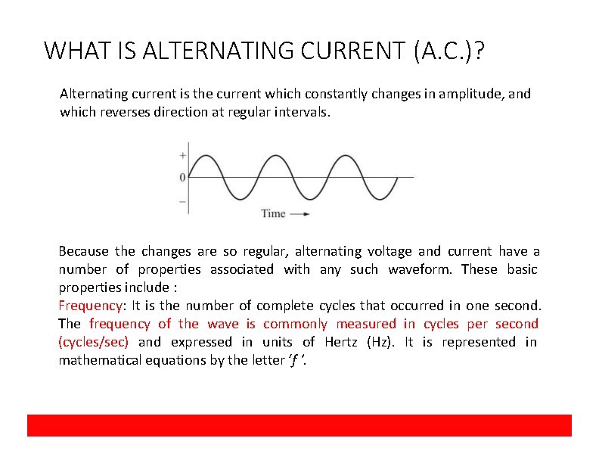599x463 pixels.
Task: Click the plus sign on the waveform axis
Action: pos(182,155)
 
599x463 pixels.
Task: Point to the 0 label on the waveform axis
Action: pos(182,178)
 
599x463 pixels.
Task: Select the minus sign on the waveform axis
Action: pos(182,201)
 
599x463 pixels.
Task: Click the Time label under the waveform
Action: pos(273,213)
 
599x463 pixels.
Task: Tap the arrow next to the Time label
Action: pos(300,214)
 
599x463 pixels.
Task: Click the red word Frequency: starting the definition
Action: pos(92,306)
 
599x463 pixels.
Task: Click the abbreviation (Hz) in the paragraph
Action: pos(379,342)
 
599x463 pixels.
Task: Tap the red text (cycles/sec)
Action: pos(94,342)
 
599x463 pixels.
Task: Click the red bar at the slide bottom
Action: pos(299,425)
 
